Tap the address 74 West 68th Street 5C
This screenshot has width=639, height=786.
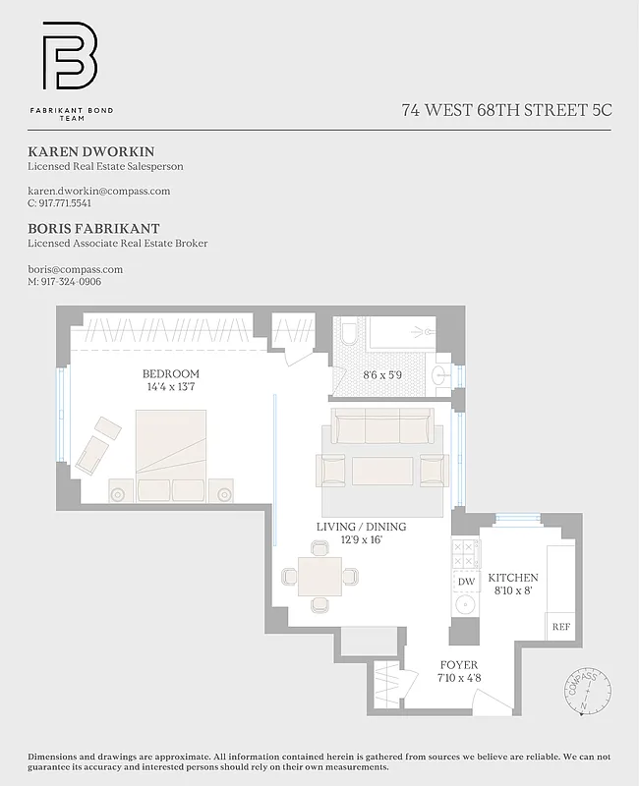click(506, 110)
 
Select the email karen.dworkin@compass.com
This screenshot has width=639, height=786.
click(98, 191)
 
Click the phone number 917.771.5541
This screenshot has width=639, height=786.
click(65, 203)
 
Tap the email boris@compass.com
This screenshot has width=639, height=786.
click(75, 268)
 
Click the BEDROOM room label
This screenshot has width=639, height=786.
click(170, 374)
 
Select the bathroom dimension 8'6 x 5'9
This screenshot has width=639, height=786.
click(383, 374)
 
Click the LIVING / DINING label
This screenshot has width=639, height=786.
click(361, 527)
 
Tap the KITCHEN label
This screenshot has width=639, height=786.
click(513, 578)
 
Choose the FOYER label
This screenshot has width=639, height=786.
click(458, 664)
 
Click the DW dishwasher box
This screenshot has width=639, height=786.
click(466, 582)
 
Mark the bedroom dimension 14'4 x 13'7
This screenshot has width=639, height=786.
click(170, 387)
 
